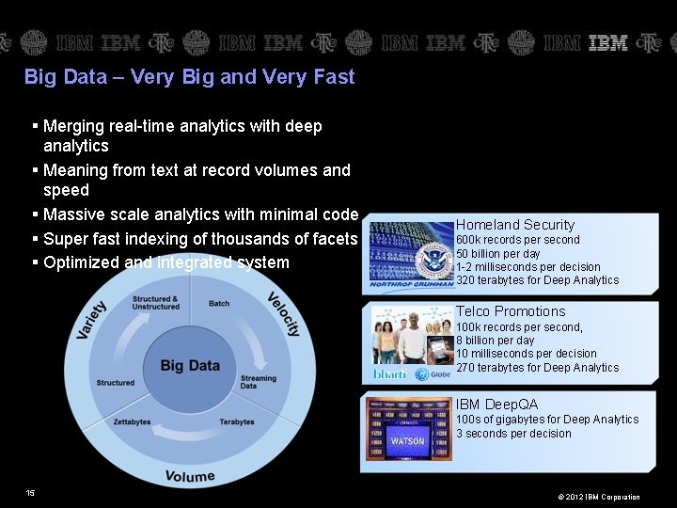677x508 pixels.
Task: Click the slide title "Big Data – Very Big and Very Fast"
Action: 189,77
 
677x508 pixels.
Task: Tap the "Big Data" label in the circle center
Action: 190,365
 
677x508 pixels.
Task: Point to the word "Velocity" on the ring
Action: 283,314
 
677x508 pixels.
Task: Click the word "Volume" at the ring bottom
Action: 190,476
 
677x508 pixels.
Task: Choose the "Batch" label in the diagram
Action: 219,304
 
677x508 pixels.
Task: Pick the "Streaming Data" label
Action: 258,382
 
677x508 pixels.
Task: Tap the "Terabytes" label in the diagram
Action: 237,422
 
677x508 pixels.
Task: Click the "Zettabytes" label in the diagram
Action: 132,422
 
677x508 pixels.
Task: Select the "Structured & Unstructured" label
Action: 155,303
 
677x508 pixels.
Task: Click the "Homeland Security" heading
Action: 514,225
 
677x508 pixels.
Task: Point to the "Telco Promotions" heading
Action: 511,311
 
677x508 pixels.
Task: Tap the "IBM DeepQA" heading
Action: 496,405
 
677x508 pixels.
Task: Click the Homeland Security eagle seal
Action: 434,258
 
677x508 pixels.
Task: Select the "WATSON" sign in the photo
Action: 407,440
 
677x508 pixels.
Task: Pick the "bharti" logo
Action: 390,374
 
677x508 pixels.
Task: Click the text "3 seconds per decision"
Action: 513,434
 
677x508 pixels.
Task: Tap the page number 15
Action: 31,493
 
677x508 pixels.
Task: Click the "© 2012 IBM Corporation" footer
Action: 598,497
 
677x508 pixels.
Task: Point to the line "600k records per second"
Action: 518,240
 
